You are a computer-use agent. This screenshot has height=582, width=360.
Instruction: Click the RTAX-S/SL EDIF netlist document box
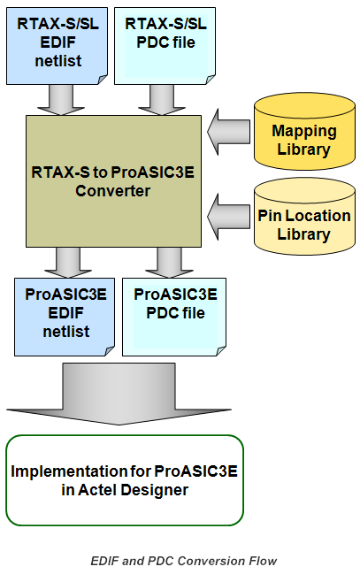[x=57, y=46]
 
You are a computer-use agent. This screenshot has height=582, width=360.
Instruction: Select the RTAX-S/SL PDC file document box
[x=165, y=46]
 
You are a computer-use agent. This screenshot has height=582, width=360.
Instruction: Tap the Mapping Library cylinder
[x=304, y=132]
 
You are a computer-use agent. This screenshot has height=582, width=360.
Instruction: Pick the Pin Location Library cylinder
[x=304, y=217]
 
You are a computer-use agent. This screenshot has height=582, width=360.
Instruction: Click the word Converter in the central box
[x=113, y=191]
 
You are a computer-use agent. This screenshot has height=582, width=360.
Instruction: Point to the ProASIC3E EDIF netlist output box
[x=65, y=317]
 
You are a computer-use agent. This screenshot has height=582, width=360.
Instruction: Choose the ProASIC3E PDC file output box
[x=174, y=317]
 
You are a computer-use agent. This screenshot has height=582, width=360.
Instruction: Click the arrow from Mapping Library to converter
[x=228, y=132]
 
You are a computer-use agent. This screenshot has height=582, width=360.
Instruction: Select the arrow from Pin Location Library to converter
[x=228, y=217]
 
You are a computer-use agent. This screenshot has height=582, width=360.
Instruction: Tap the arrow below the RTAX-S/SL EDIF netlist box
[x=61, y=100]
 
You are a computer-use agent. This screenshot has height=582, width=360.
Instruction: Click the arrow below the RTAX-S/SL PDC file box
[x=162, y=100]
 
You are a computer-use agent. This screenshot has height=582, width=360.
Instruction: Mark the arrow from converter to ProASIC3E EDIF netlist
[x=68, y=263]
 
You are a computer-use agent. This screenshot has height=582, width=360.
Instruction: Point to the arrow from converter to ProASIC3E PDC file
[x=169, y=263]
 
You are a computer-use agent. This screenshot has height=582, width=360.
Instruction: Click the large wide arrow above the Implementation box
[x=119, y=394]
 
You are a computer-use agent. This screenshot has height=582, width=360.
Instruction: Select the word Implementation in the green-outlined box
[x=69, y=471]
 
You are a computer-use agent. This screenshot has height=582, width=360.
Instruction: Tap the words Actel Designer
[x=134, y=490]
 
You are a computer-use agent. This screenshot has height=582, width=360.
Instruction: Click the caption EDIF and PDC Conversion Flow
[x=184, y=561]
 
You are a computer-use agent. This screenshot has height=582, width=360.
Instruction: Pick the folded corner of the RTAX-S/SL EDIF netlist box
[x=102, y=80]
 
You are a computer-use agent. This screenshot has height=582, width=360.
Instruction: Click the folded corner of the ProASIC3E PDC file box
[x=220, y=351]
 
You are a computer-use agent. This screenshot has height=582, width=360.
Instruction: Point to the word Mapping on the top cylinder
[x=304, y=131]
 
